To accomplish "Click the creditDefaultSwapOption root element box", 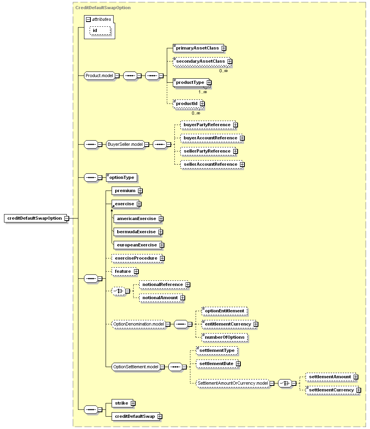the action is [x=35, y=218].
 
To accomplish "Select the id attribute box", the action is [x=100, y=31].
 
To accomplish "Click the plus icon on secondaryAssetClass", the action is [x=230, y=62].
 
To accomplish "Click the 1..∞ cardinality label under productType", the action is [x=203, y=92].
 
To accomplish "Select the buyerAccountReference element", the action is [x=212, y=138].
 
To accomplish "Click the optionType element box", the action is [x=122, y=178].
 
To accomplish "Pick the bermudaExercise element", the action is [x=137, y=232].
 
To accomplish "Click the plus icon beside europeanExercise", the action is [x=162, y=245].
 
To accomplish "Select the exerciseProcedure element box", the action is [x=137, y=258].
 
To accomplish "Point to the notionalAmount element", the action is [x=161, y=298].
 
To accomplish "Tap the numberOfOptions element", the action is [x=224, y=338].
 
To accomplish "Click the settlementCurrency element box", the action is [x=332, y=390].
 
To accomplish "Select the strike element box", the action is [x=122, y=403].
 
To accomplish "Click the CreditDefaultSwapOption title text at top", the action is [x=103, y=8].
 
